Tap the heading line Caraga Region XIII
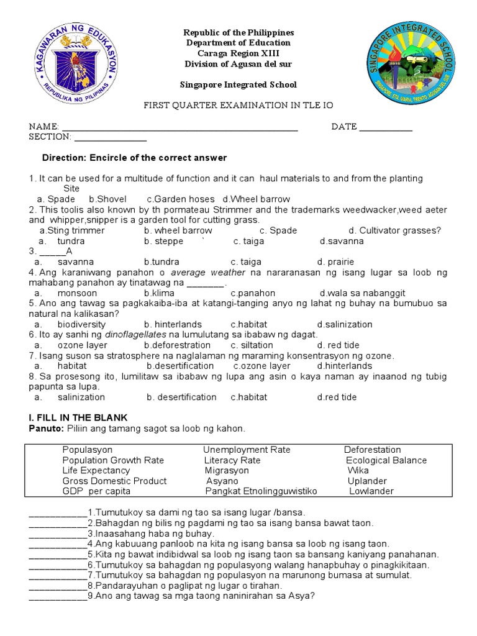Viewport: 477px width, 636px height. click(239, 53)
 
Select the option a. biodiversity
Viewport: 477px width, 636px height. click(81, 324)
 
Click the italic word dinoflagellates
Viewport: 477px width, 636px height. click(135, 335)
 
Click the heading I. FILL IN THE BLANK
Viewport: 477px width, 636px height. click(78, 418)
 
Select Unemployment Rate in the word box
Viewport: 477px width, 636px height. click(247, 450)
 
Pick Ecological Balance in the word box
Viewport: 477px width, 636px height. click(386, 460)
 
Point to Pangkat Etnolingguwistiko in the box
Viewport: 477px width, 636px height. click(261, 491)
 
